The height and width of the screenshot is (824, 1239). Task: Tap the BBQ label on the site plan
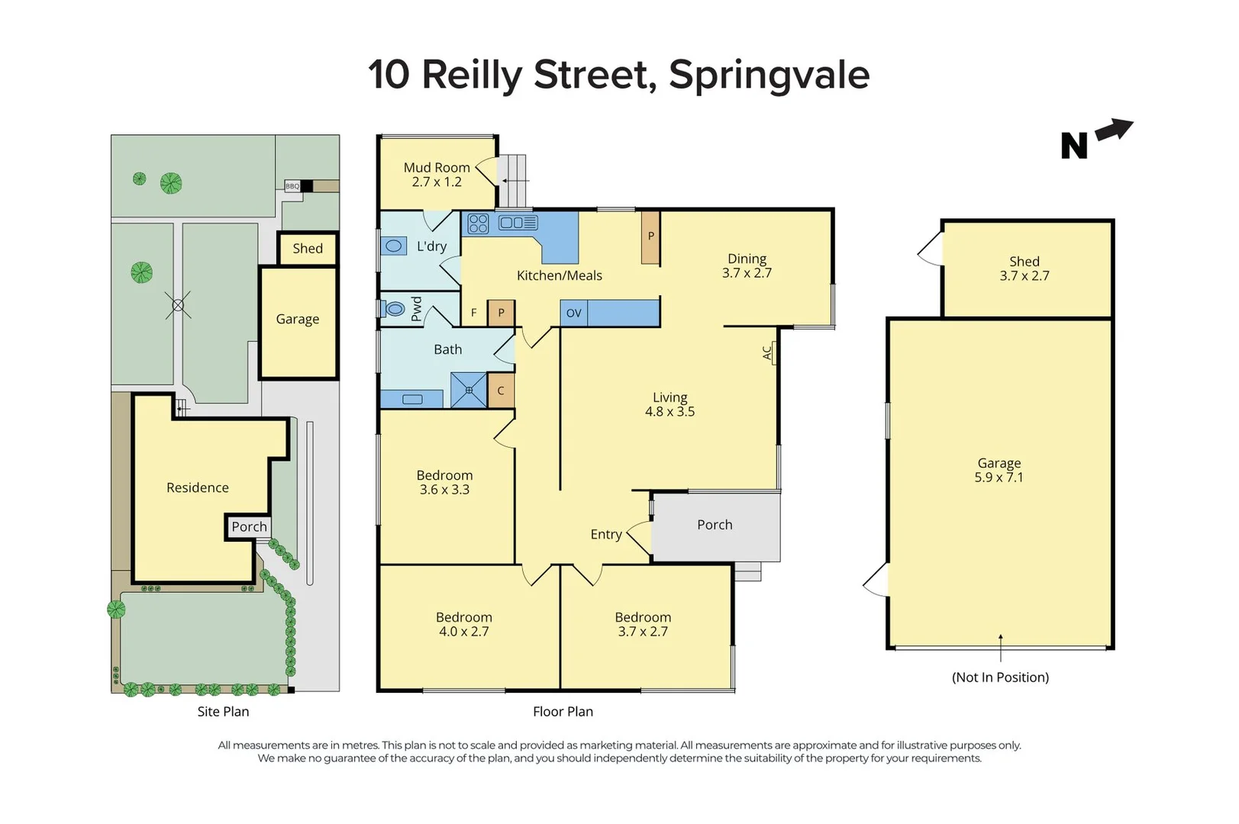292,186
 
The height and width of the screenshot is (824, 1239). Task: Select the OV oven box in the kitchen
573,313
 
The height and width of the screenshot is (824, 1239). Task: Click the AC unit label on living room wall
768,352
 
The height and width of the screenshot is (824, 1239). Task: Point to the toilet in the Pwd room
394,309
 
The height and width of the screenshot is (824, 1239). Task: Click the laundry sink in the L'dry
394,246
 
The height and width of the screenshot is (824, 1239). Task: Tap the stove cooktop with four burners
478,224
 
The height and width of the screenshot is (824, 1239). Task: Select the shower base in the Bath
468,390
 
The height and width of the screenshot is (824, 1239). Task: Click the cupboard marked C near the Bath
501,391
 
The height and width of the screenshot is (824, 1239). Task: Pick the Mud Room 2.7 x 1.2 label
437,175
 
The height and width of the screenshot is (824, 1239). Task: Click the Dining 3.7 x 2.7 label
747,266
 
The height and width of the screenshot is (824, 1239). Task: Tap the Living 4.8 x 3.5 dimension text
670,411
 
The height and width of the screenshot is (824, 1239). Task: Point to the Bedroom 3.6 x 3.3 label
444,482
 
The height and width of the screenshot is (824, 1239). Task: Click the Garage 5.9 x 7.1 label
999,470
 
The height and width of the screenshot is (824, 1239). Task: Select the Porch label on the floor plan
715,525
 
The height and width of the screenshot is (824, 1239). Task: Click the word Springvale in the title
769,75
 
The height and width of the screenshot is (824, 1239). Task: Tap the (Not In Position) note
1000,678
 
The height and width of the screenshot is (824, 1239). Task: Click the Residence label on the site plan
198,488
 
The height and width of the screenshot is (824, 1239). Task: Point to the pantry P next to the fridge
501,313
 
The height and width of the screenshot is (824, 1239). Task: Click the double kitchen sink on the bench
518,223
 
